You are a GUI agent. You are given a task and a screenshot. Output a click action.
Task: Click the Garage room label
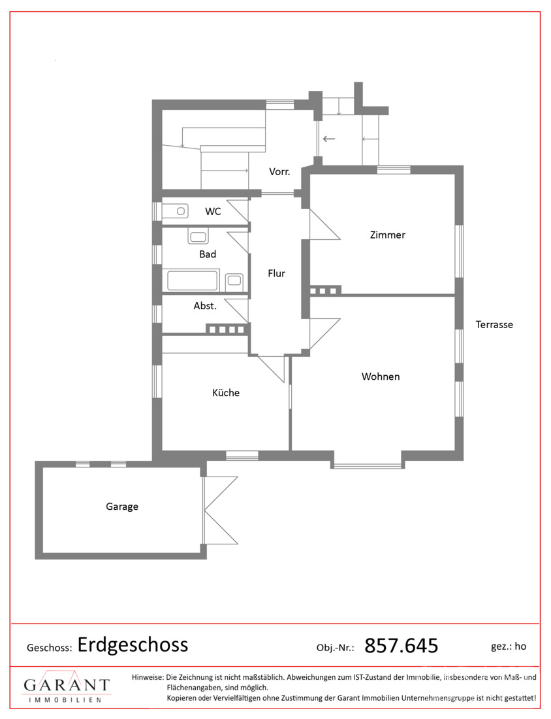[x=122, y=507]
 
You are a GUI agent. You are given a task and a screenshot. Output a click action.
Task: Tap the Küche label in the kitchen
[x=226, y=393]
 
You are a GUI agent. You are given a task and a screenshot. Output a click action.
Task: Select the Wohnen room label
[x=381, y=376]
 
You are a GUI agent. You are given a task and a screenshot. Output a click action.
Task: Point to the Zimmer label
[x=388, y=235]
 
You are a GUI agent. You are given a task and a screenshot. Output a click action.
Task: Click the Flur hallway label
[x=276, y=273]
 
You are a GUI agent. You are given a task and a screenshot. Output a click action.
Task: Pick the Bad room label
[x=208, y=254]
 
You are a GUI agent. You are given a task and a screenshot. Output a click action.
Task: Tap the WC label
[x=213, y=211]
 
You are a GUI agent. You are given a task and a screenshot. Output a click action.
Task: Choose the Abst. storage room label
[x=205, y=306]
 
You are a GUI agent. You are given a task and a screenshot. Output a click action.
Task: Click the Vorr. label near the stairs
[x=279, y=171]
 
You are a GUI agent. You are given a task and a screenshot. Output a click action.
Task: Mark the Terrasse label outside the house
[x=494, y=325]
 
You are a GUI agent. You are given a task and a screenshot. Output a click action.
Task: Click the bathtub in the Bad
[x=193, y=280]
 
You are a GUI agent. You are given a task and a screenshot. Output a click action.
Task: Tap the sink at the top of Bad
[x=198, y=237]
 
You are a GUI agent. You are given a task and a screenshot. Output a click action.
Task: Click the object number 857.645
[x=401, y=646]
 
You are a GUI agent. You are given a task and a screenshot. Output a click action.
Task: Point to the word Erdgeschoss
[x=133, y=644]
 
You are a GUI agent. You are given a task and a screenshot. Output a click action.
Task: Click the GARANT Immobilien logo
[x=67, y=687]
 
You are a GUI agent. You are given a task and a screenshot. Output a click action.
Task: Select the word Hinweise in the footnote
[x=148, y=677]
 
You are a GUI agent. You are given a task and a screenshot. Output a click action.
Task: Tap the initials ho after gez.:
[x=520, y=646]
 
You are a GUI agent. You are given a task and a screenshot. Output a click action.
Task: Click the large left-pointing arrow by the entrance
[x=329, y=139]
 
